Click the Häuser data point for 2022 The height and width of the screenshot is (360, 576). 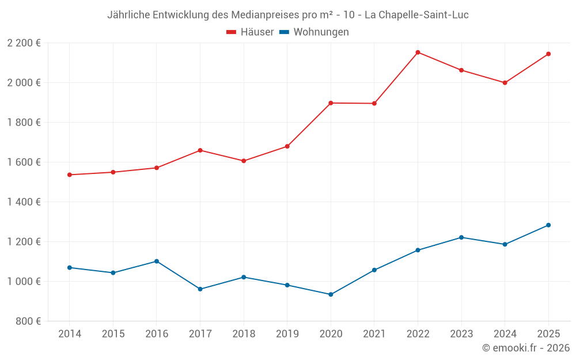[418, 52]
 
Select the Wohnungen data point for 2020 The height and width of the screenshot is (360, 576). [331, 294]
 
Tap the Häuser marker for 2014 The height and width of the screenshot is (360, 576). [70, 175]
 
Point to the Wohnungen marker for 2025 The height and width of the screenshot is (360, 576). [548, 225]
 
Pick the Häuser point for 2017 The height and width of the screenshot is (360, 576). [200, 150]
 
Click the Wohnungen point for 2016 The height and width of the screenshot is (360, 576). [157, 261]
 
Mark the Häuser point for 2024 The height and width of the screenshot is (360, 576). [505, 82]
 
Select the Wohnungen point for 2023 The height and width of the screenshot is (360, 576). [461, 237]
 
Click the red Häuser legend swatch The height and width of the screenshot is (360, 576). [232, 32]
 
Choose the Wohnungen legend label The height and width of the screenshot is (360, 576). [321, 32]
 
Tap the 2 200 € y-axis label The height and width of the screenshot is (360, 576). [24, 43]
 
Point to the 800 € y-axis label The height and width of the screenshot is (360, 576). [28, 321]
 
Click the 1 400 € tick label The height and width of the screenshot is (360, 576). [24, 202]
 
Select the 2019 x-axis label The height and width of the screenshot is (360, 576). [287, 334]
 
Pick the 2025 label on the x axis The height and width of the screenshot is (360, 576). [548, 334]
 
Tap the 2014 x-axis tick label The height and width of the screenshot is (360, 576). [70, 334]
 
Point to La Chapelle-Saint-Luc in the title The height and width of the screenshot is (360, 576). [416, 15]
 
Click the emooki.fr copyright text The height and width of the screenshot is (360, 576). [526, 348]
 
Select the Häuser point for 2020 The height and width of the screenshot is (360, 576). [331, 103]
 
